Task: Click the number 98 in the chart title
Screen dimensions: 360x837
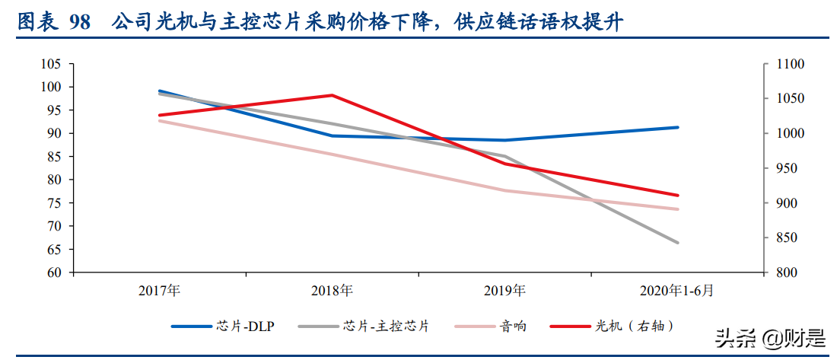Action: click(x=79, y=23)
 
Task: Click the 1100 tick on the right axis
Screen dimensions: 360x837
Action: click(x=789, y=65)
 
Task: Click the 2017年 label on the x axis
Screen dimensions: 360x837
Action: click(x=159, y=290)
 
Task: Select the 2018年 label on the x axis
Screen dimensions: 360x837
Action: click(x=332, y=290)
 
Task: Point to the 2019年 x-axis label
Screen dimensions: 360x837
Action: click(x=504, y=290)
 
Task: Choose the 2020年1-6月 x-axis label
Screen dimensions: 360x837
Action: click(x=676, y=290)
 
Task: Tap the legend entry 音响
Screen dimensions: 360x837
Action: click(x=513, y=327)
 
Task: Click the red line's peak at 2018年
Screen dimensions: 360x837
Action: click(x=332, y=95)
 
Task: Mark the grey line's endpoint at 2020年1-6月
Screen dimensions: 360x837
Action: click(x=677, y=243)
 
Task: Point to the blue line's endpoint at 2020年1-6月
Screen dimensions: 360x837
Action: click(x=677, y=127)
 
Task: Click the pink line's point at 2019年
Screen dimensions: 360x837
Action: click(x=504, y=190)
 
